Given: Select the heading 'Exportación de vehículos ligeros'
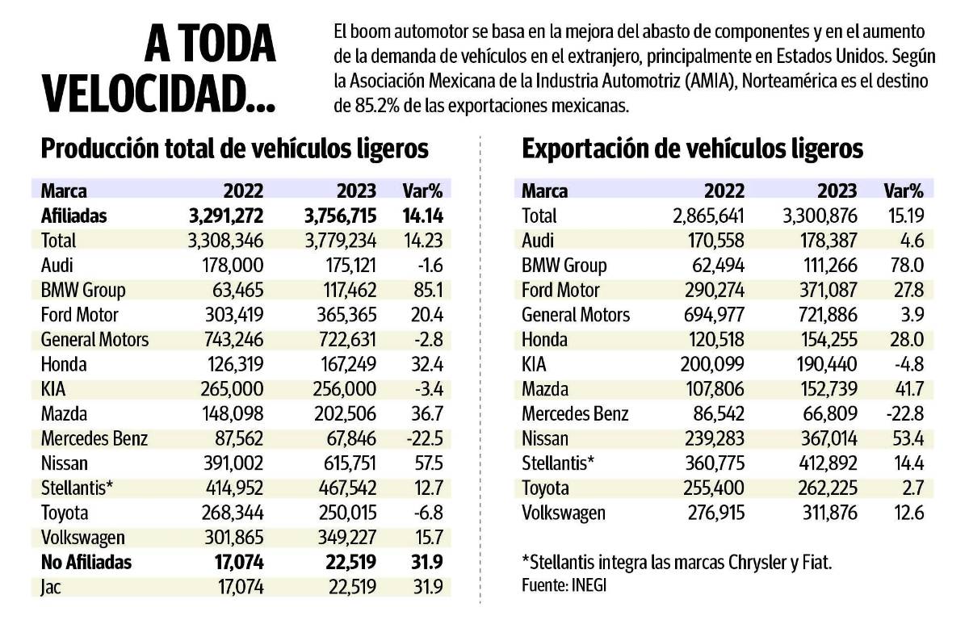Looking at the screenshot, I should [x=693, y=149].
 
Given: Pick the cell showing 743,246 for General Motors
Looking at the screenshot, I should [x=232, y=339].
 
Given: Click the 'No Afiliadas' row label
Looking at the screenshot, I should [x=86, y=562].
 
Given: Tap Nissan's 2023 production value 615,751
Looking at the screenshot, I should [x=345, y=463].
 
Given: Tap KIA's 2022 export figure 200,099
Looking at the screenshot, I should [x=712, y=364].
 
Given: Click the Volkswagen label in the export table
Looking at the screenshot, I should [x=563, y=513].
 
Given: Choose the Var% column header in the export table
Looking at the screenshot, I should [x=904, y=191].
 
